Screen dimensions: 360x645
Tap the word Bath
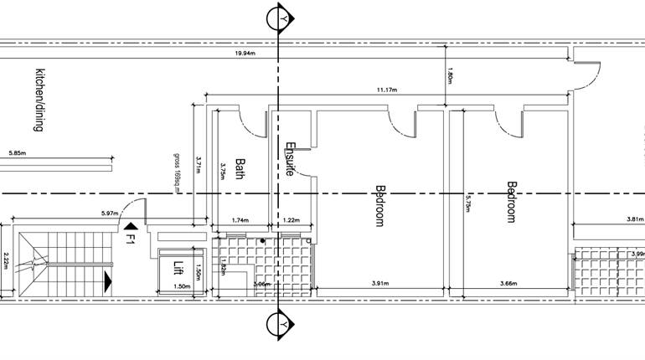click(x=240, y=169)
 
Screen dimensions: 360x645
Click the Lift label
click(x=178, y=269)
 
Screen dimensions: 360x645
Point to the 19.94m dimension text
click(x=245, y=53)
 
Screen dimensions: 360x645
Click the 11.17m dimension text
click(x=386, y=90)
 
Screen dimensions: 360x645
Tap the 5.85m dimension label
click(x=18, y=153)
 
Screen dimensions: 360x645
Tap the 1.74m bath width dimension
click(x=241, y=219)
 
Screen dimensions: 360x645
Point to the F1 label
click(x=131, y=238)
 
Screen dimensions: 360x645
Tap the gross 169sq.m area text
click(x=178, y=172)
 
